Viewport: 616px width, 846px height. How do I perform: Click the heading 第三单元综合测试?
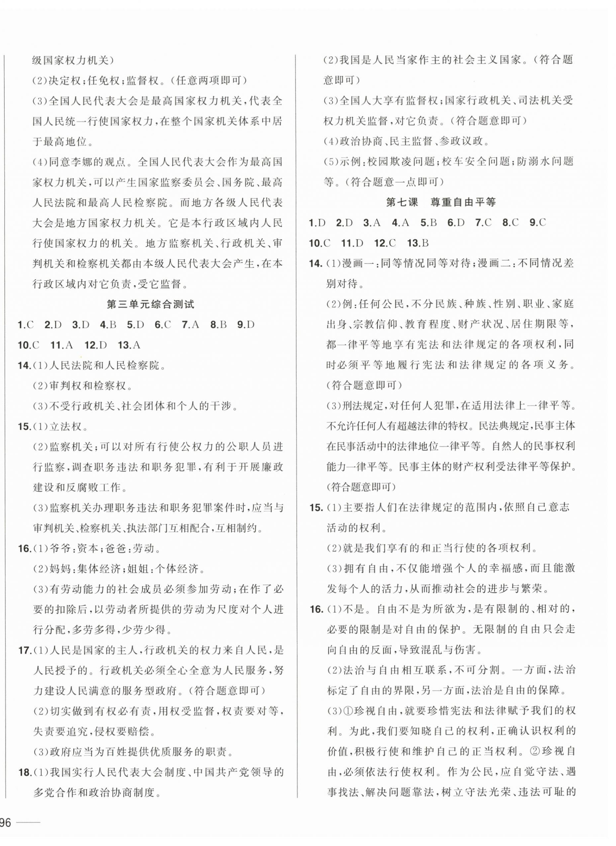pos(151,304)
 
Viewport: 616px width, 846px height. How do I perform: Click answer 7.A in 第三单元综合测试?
pos(190,325)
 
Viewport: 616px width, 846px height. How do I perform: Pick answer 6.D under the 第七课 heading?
pos(456,223)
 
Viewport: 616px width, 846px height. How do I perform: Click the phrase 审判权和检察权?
pos(88,386)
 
